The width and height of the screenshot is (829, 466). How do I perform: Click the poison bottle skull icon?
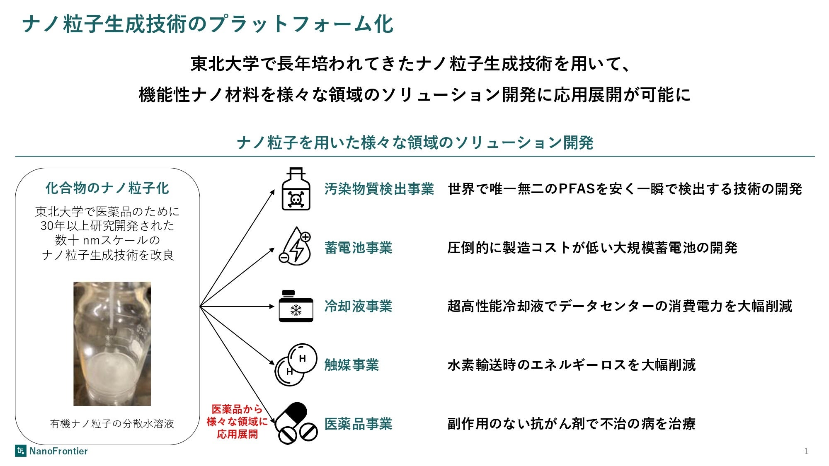[296, 189]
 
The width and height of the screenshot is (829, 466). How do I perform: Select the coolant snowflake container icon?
[296, 307]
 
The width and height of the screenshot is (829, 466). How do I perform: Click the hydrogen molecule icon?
[296, 365]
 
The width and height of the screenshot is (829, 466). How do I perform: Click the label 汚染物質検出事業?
[379, 189]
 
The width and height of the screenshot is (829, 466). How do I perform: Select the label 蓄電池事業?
[358, 248]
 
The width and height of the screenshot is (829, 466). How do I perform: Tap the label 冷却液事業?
[358, 307]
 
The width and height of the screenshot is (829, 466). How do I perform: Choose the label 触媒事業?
[351, 365]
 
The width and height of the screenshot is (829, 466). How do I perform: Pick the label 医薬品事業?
[358, 424]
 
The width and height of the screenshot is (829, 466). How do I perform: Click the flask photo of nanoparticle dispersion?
[112, 344]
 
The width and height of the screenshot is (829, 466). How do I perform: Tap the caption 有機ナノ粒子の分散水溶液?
[112, 424]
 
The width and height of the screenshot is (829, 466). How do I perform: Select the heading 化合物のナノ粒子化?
[107, 188]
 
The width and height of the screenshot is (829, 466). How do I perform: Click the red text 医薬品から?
[237, 409]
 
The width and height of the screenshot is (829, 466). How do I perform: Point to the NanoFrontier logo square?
[20, 451]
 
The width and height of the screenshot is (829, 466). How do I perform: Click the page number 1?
[806, 451]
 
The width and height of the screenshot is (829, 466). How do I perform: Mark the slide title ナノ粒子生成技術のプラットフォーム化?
[207, 24]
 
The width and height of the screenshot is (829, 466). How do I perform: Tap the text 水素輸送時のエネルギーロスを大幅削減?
[571, 365]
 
